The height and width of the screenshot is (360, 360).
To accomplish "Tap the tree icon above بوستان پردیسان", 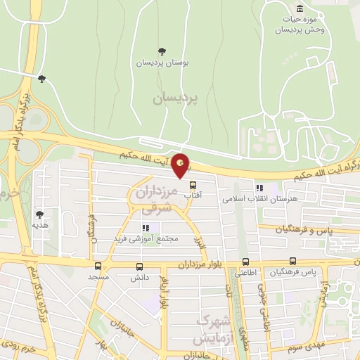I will pyautogui.click(x=162, y=51).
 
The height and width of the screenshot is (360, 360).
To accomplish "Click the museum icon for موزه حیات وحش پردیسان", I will pyautogui.click(x=300, y=8).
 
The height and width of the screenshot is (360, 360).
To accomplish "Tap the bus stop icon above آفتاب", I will pyautogui.click(x=193, y=185).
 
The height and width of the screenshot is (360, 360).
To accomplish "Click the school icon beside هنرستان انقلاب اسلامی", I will pyautogui.click(x=259, y=188).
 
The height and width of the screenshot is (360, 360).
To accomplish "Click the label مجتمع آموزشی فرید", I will pyautogui.click(x=148, y=239).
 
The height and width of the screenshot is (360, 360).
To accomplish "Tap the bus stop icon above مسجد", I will pyautogui.click(x=98, y=266).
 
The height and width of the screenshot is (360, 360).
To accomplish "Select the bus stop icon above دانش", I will pyautogui.click(x=139, y=266).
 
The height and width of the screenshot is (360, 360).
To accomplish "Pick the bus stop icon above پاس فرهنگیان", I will pyautogui.click(x=292, y=261).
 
